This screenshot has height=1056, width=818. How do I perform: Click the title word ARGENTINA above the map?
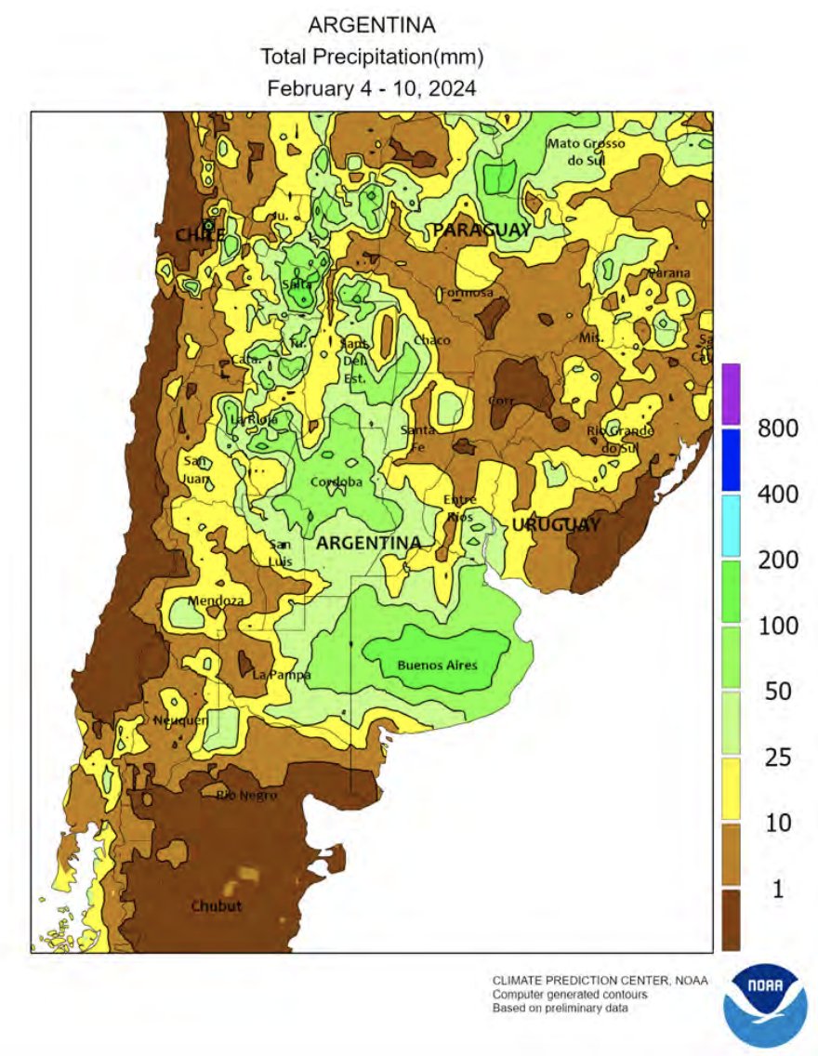tap(372, 24)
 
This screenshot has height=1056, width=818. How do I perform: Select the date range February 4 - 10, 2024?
tap(372, 89)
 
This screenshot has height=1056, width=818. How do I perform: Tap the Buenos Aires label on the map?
tap(437, 665)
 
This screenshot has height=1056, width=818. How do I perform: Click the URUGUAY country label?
tap(555, 525)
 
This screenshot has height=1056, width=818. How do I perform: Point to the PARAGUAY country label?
tap(482, 230)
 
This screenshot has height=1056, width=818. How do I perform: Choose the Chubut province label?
tap(217, 905)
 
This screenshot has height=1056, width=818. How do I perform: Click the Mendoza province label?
tap(216, 601)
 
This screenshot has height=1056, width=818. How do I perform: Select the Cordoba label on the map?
tap(336, 482)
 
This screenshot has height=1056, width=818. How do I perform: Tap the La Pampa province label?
tap(282, 675)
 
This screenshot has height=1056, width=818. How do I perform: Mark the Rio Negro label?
tap(246, 795)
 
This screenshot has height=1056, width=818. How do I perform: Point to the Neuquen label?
tap(174, 720)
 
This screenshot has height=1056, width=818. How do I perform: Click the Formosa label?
tap(465, 292)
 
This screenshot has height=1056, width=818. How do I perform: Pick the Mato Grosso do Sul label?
tap(586, 151)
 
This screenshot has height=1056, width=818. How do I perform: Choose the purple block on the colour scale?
tap(731, 394)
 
